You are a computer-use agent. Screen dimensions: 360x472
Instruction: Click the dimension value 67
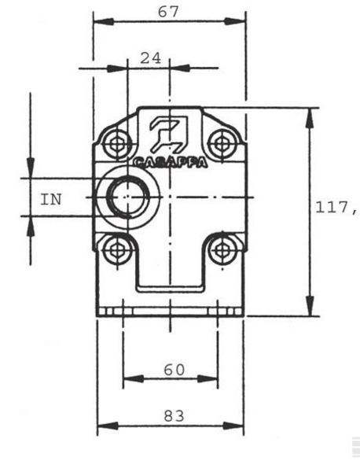(x=168, y=13)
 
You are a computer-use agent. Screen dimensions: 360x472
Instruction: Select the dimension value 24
(x=151, y=58)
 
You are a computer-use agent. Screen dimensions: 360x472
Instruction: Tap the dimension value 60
(x=174, y=370)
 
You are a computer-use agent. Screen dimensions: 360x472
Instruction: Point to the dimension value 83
(x=174, y=416)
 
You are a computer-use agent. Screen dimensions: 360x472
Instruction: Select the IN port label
(x=51, y=200)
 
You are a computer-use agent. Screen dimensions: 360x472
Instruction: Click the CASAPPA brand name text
(x=171, y=163)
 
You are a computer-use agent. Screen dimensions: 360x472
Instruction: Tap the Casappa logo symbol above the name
(x=169, y=134)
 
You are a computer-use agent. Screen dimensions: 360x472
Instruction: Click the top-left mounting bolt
(x=116, y=144)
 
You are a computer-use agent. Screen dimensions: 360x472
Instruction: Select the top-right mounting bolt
(x=222, y=144)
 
